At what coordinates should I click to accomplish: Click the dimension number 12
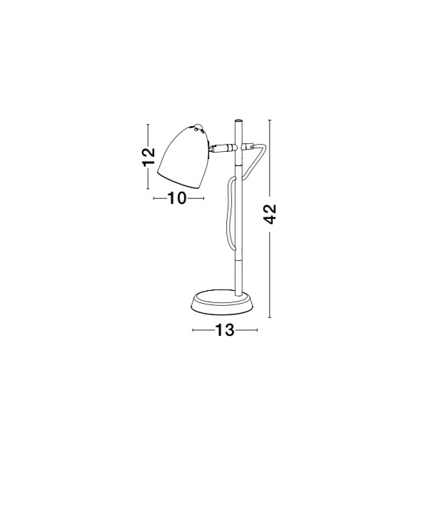click(149, 157)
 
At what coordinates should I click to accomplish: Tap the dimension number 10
click(177, 198)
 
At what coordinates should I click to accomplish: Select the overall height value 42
click(270, 215)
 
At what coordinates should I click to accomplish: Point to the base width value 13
click(225, 330)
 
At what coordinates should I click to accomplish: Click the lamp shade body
click(185, 158)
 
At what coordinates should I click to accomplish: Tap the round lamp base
click(223, 302)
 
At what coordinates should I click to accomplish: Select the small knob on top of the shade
click(198, 126)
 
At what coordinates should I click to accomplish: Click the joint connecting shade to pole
click(223, 148)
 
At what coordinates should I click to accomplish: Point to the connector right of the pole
click(248, 146)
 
